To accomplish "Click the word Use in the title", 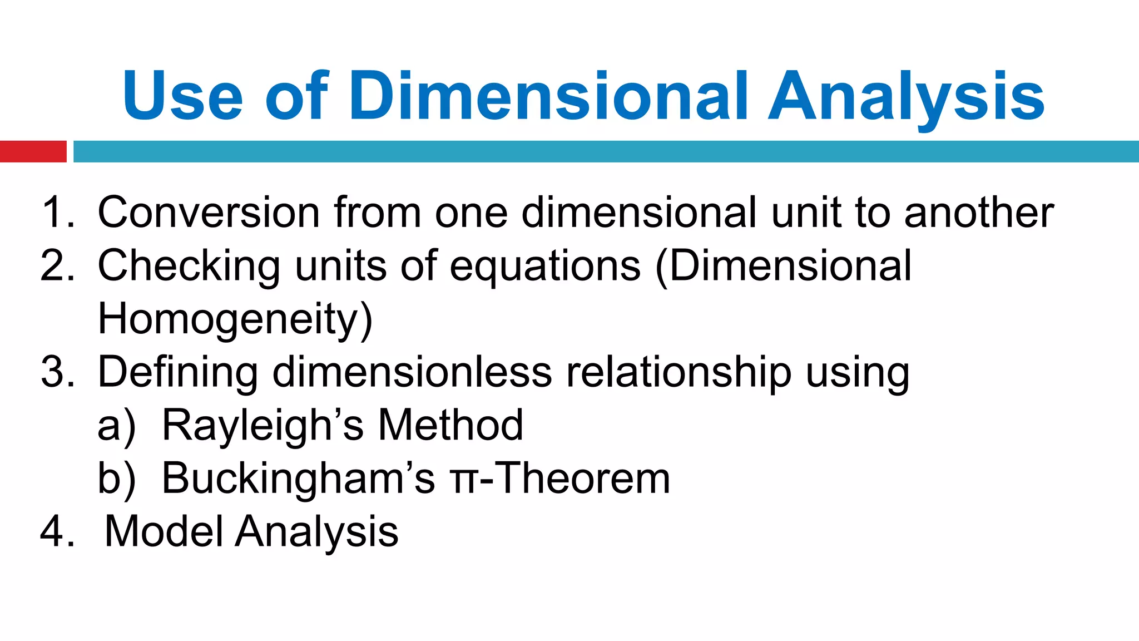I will click(x=182, y=96).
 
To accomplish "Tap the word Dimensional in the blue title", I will click(x=548, y=96).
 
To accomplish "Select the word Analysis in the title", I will click(x=906, y=96).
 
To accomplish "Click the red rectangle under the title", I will click(x=33, y=151).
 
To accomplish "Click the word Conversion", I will click(x=209, y=213).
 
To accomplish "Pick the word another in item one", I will click(x=979, y=213).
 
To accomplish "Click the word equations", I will click(x=545, y=266).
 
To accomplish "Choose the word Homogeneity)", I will click(x=235, y=319).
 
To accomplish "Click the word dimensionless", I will click(x=412, y=372).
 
